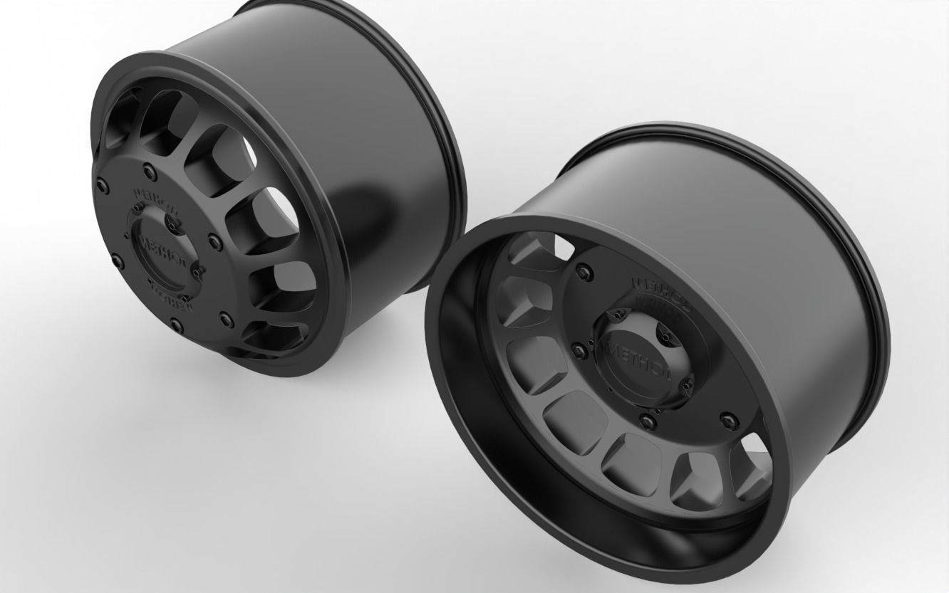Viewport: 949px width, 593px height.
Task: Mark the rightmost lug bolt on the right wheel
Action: (x=726, y=417)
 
